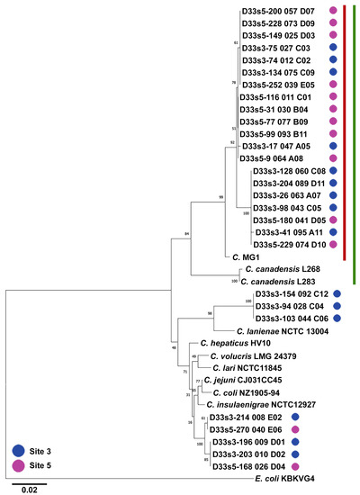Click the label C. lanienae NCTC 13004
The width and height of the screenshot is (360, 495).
coord(283,331)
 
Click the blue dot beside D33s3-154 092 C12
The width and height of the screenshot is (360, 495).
coord(337,294)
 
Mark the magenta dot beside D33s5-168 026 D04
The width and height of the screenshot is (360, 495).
coord(312,466)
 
